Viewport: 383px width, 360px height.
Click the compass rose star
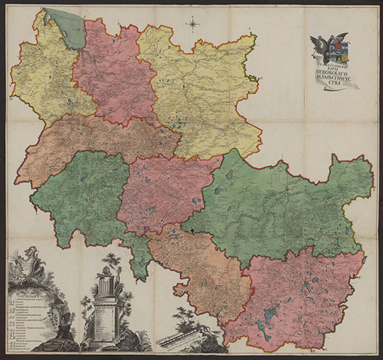click(x=193, y=26)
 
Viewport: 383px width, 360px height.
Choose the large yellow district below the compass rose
click(x=202, y=92)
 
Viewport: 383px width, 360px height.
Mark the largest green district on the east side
click(x=284, y=206)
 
